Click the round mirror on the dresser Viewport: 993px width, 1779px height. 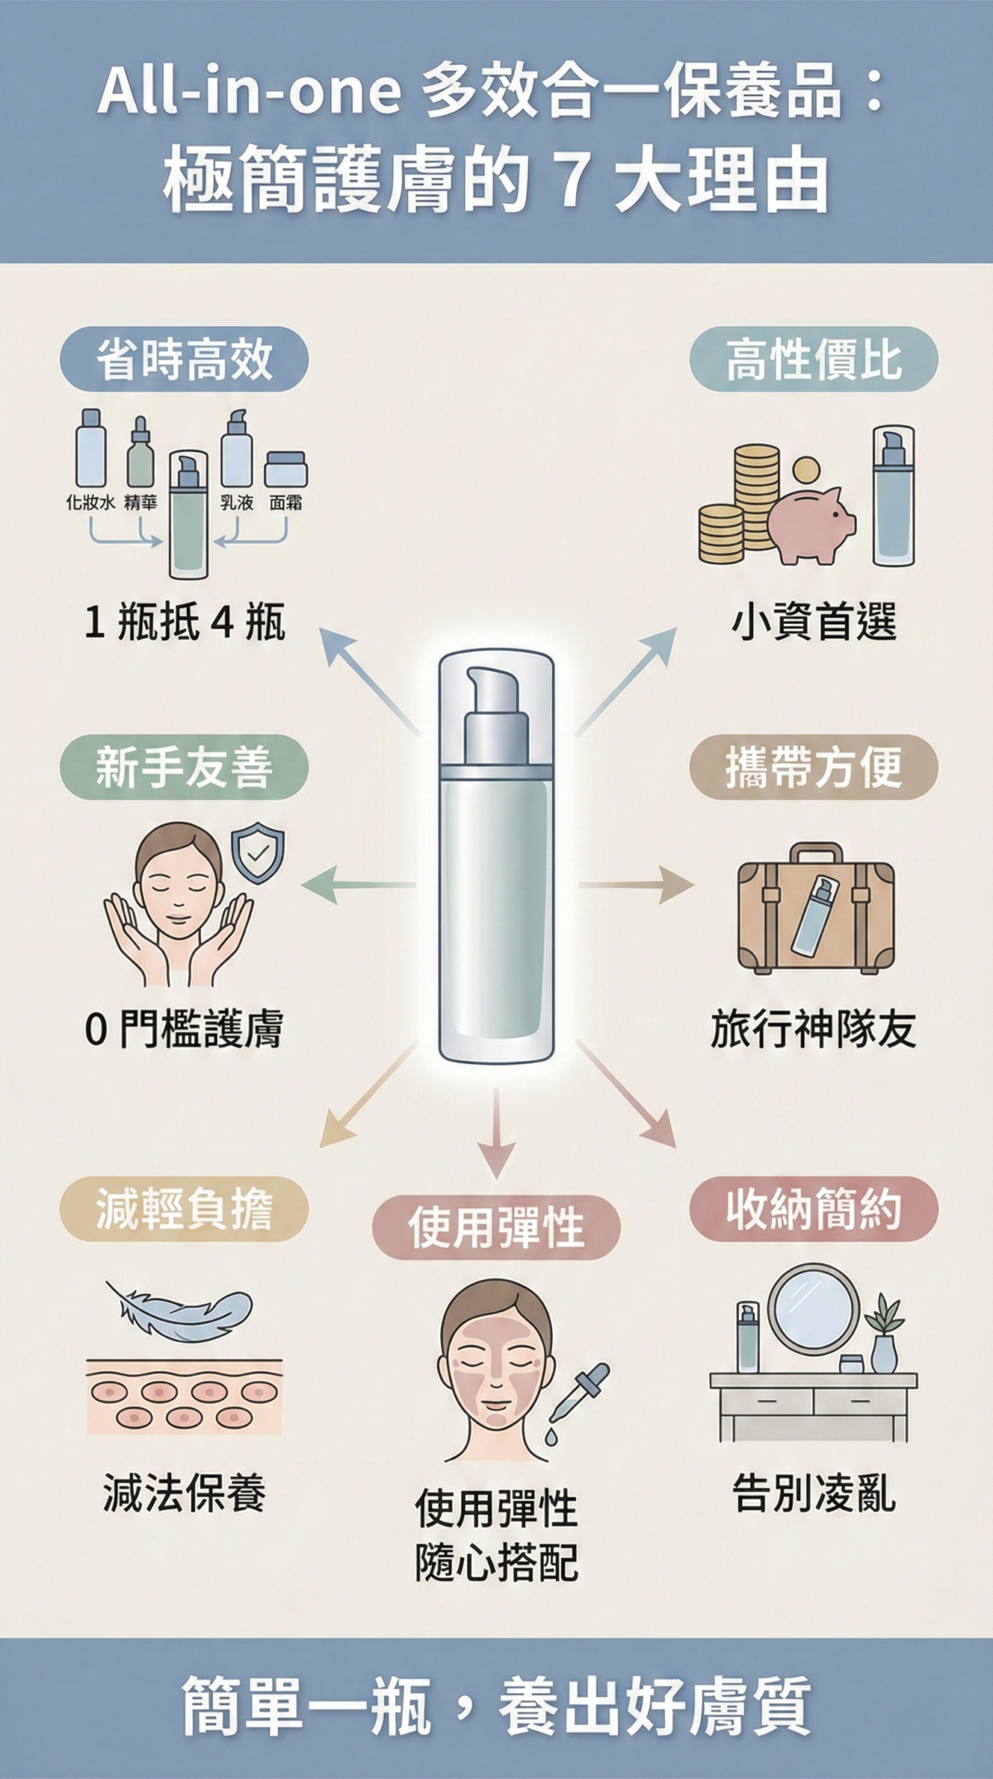point(813,1310)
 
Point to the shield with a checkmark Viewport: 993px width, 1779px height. point(257,853)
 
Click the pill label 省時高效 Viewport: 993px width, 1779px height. point(184,359)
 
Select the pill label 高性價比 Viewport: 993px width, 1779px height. point(813,359)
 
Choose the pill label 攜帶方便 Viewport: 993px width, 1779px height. point(813,766)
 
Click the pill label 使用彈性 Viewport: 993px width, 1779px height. point(496,1227)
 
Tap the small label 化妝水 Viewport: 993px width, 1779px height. point(90,502)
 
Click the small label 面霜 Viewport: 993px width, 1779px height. point(285,502)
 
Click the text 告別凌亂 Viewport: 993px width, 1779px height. point(813,1494)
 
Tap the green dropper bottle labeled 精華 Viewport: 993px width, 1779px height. point(140,457)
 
